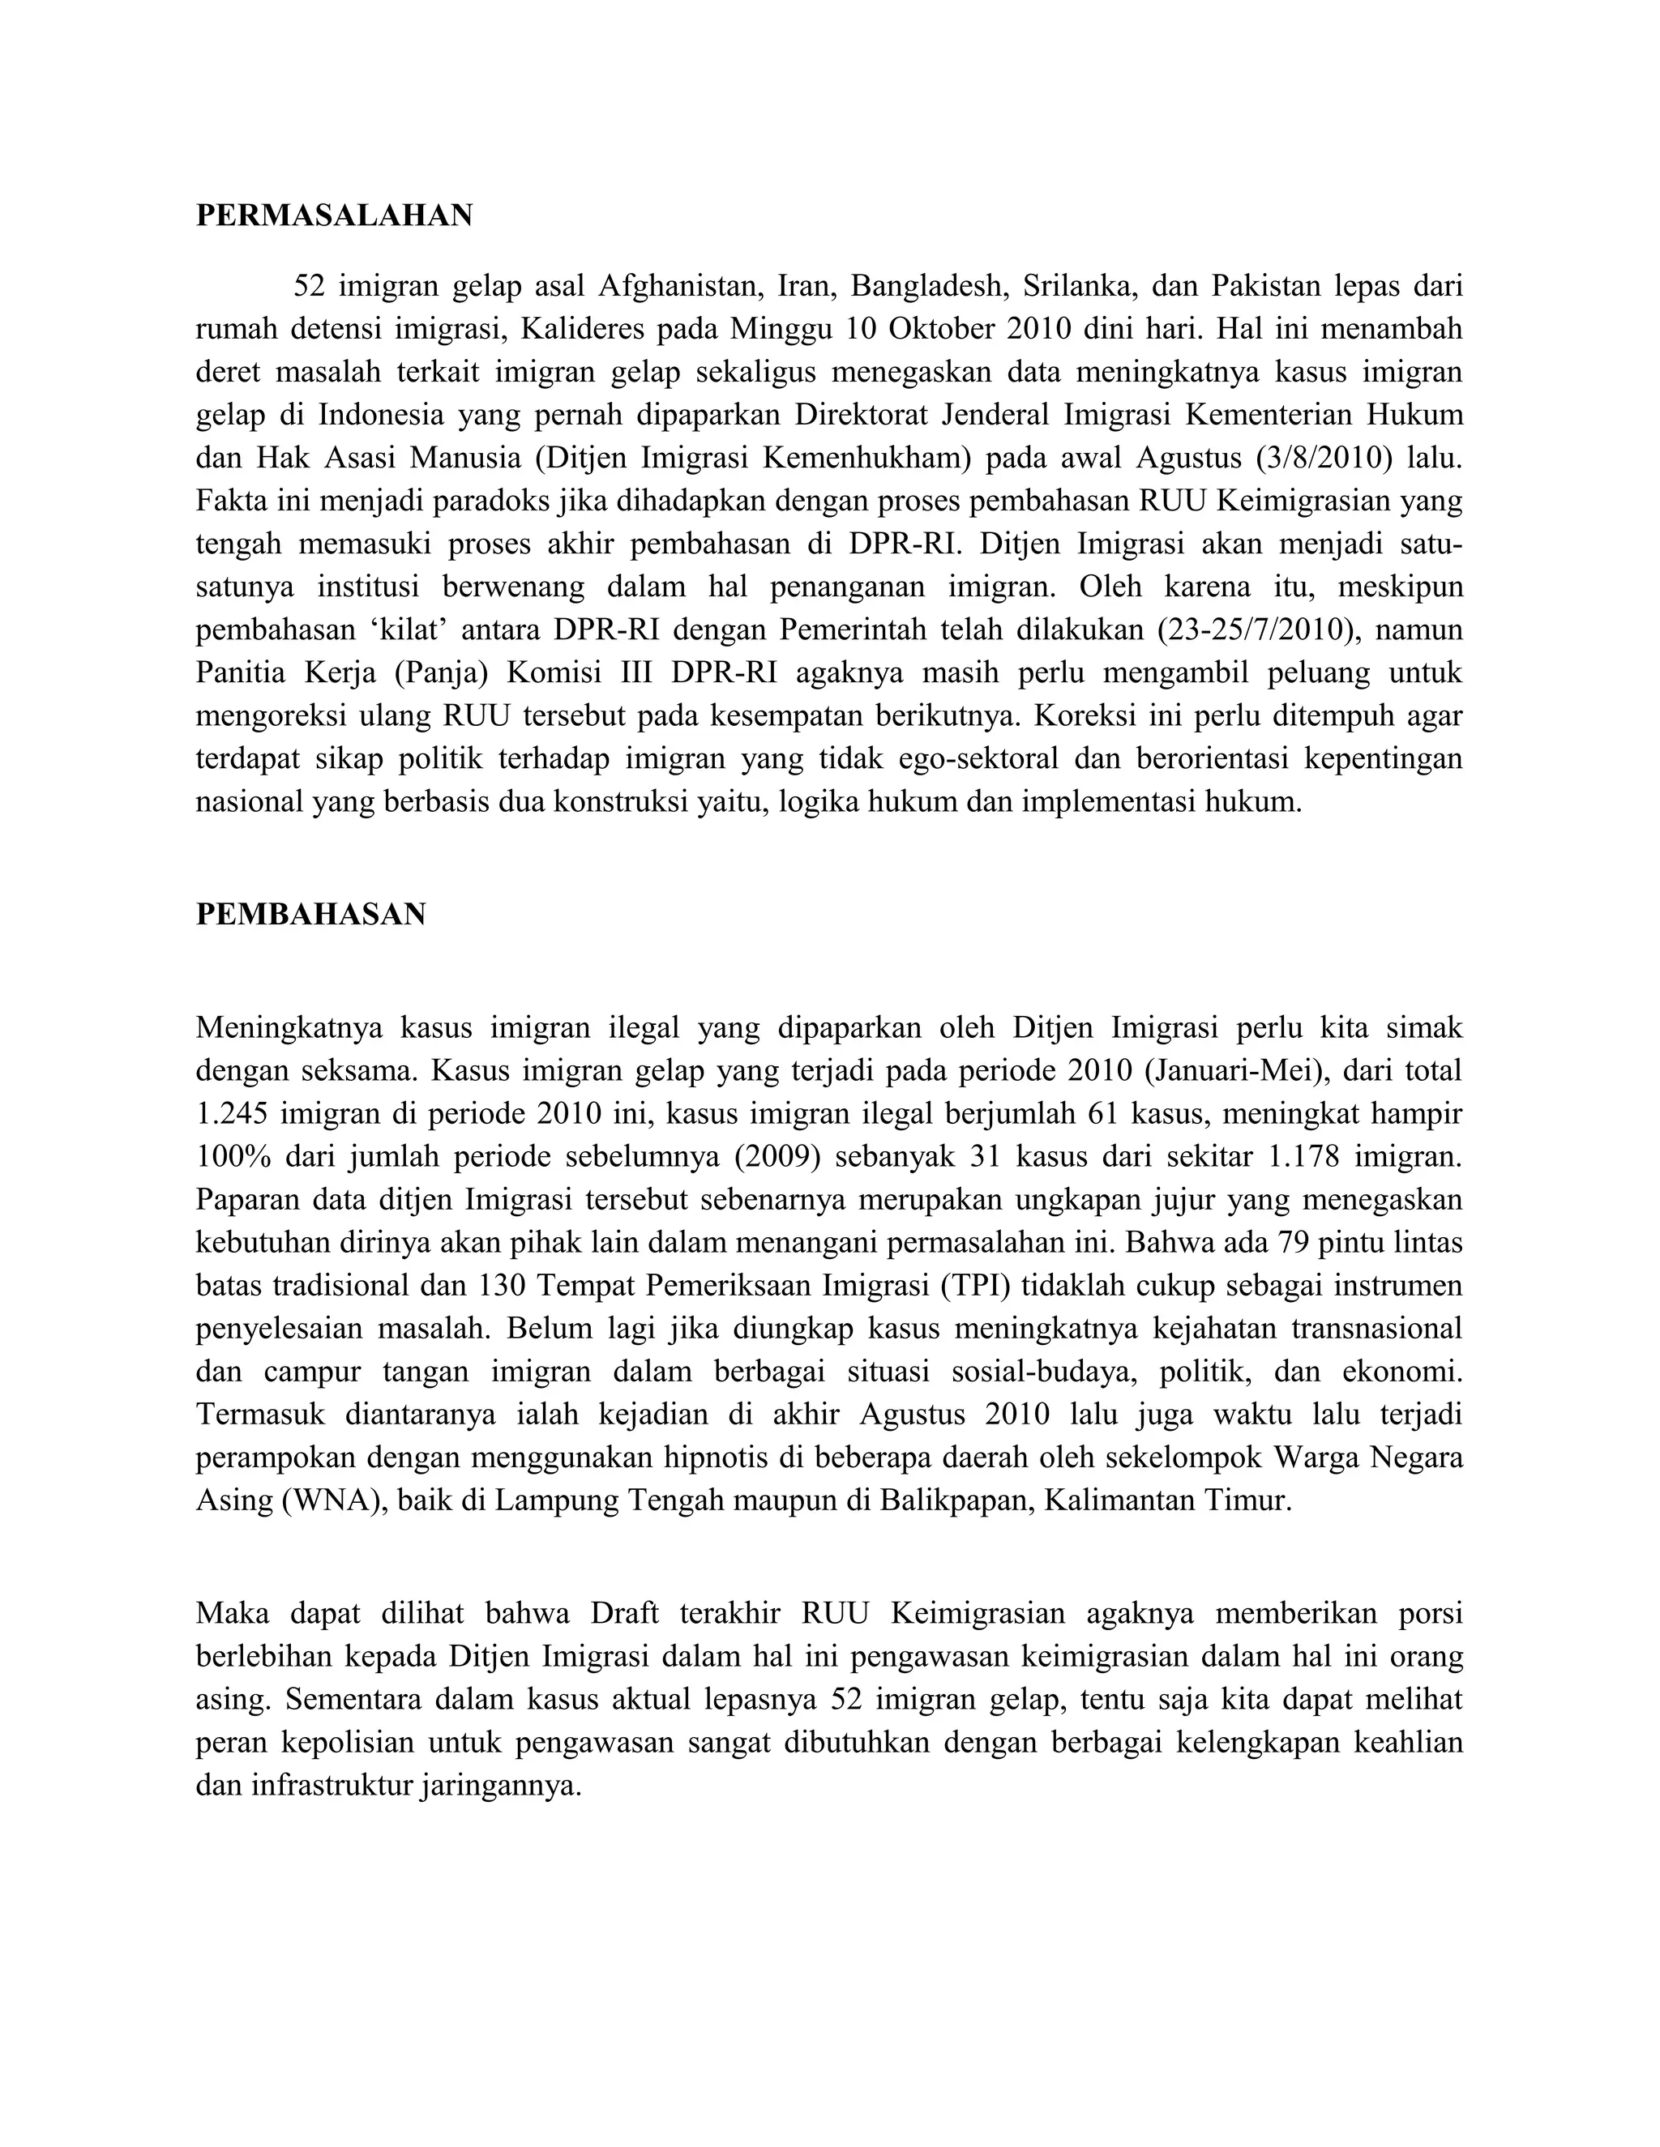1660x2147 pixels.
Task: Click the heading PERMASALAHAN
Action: click(x=335, y=216)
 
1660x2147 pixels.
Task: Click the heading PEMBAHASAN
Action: click(x=310, y=914)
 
